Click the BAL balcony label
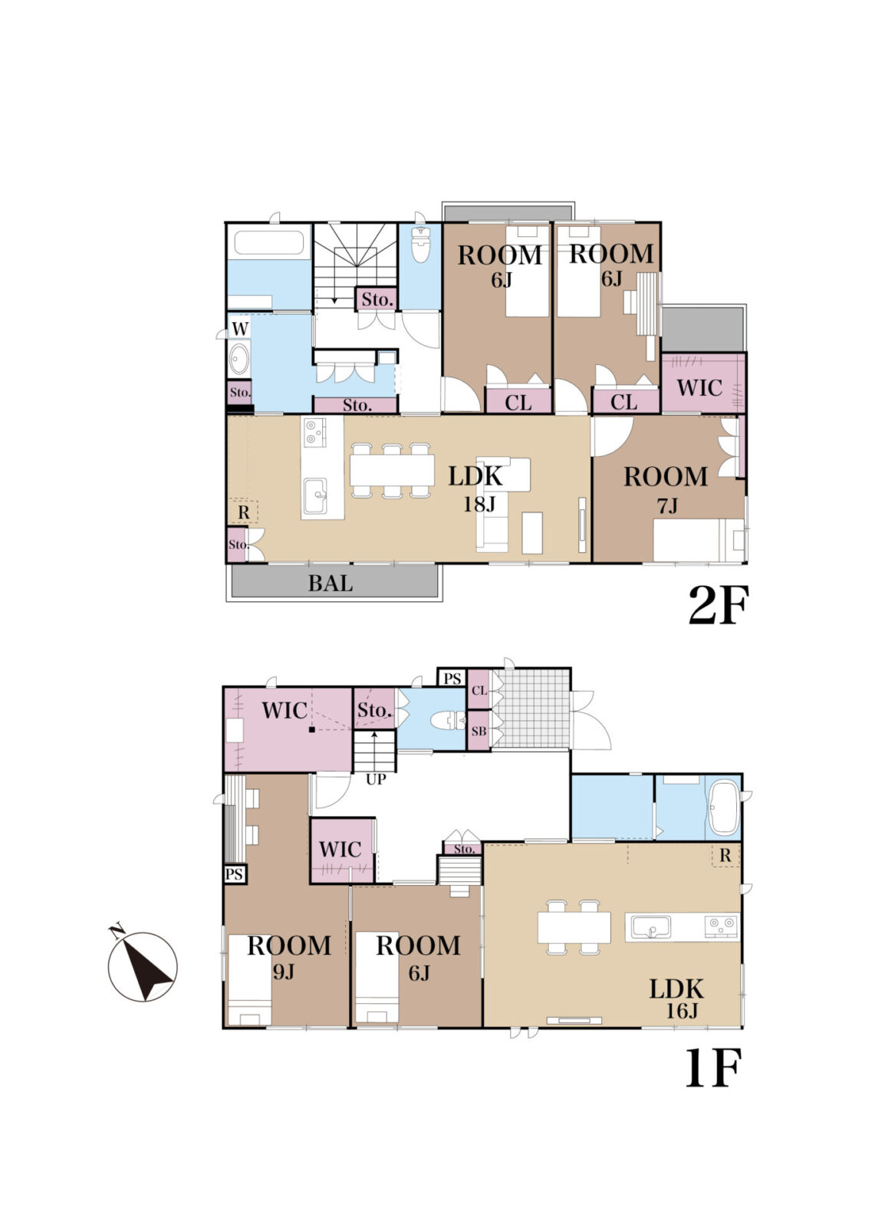[330, 583]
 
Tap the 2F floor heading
[718, 605]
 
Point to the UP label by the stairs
[376, 778]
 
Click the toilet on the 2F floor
[420, 245]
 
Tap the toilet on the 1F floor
[448, 720]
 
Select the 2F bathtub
[268, 242]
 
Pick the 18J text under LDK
[479, 504]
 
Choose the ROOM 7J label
[666, 489]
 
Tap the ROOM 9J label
[289, 956]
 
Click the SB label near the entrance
[479, 731]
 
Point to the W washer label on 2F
[239, 329]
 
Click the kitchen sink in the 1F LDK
[650, 927]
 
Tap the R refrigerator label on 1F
[725, 856]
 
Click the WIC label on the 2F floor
[699, 388]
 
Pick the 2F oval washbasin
[239, 360]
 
